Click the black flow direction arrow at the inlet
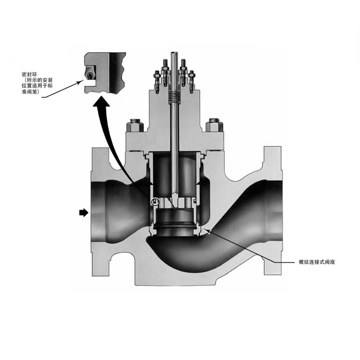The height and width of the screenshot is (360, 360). click(x=84, y=213)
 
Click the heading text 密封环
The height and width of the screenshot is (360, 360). click(x=28, y=75)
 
